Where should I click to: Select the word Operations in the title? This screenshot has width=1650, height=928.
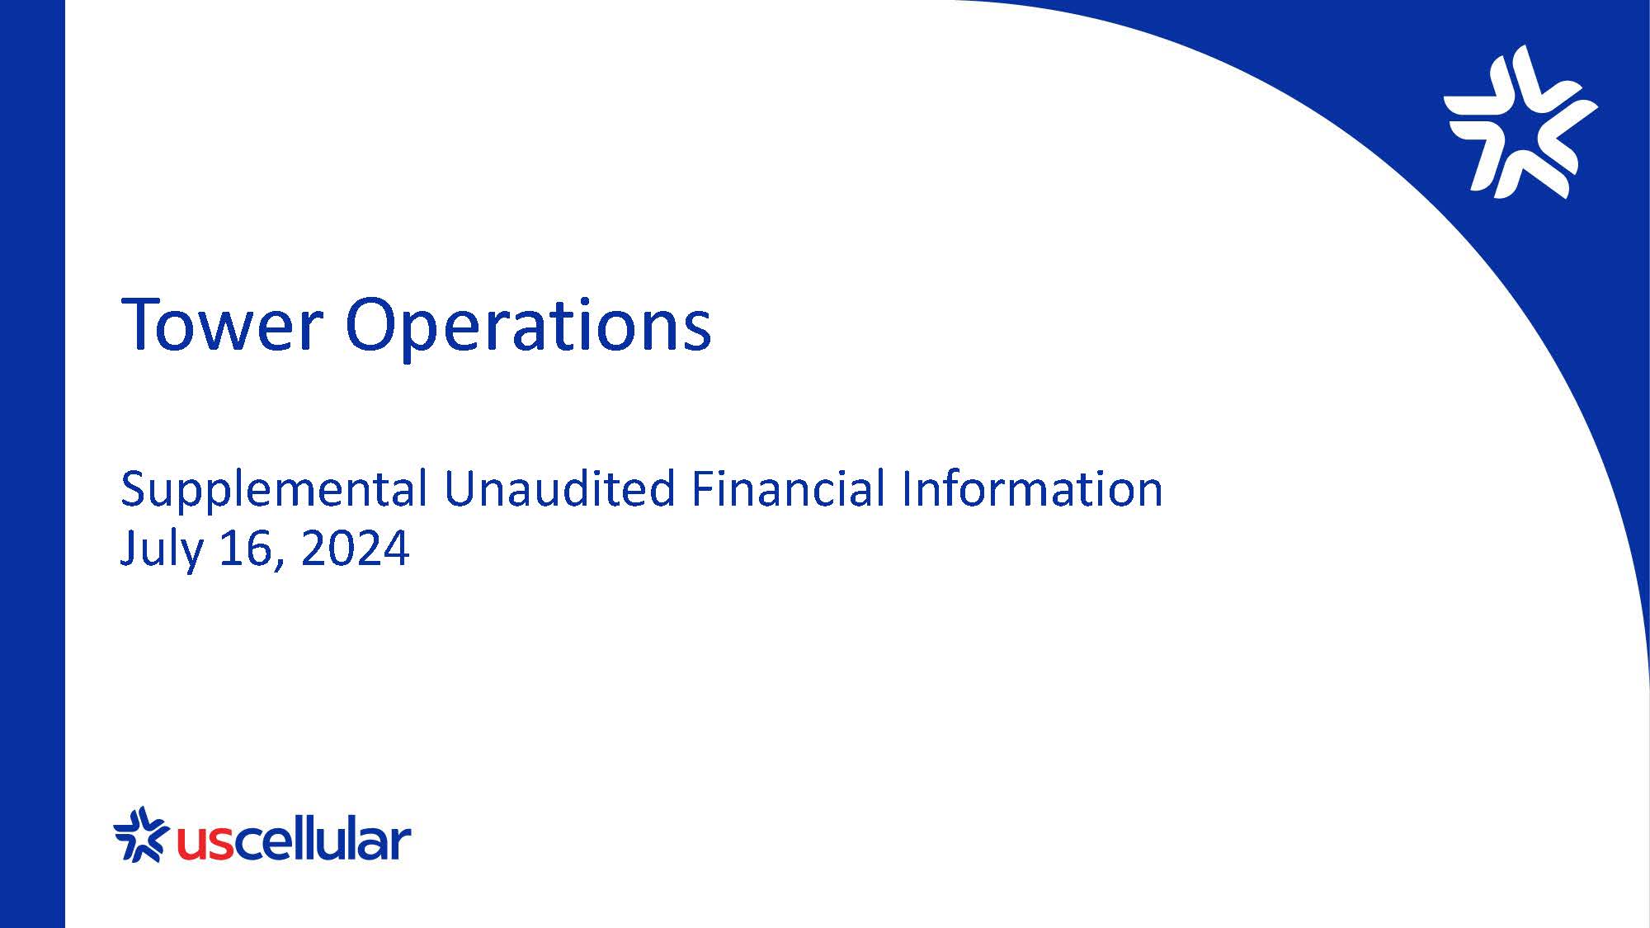528,326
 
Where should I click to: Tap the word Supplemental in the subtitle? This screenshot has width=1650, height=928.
273,489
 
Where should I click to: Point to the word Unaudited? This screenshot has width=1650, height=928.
559,488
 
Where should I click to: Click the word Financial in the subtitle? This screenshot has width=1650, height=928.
788,488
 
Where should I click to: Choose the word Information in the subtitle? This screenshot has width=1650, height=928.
1032,488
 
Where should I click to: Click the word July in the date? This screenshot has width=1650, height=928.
162,549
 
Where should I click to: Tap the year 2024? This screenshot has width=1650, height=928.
355,549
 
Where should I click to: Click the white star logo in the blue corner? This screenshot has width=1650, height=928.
1520,122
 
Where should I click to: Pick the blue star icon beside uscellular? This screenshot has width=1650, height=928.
140,835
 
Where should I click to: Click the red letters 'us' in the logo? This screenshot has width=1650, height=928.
203,843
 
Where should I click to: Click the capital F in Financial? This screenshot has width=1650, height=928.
700,488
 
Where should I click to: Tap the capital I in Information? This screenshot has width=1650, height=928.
906,488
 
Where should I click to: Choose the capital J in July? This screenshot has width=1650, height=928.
128,549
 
